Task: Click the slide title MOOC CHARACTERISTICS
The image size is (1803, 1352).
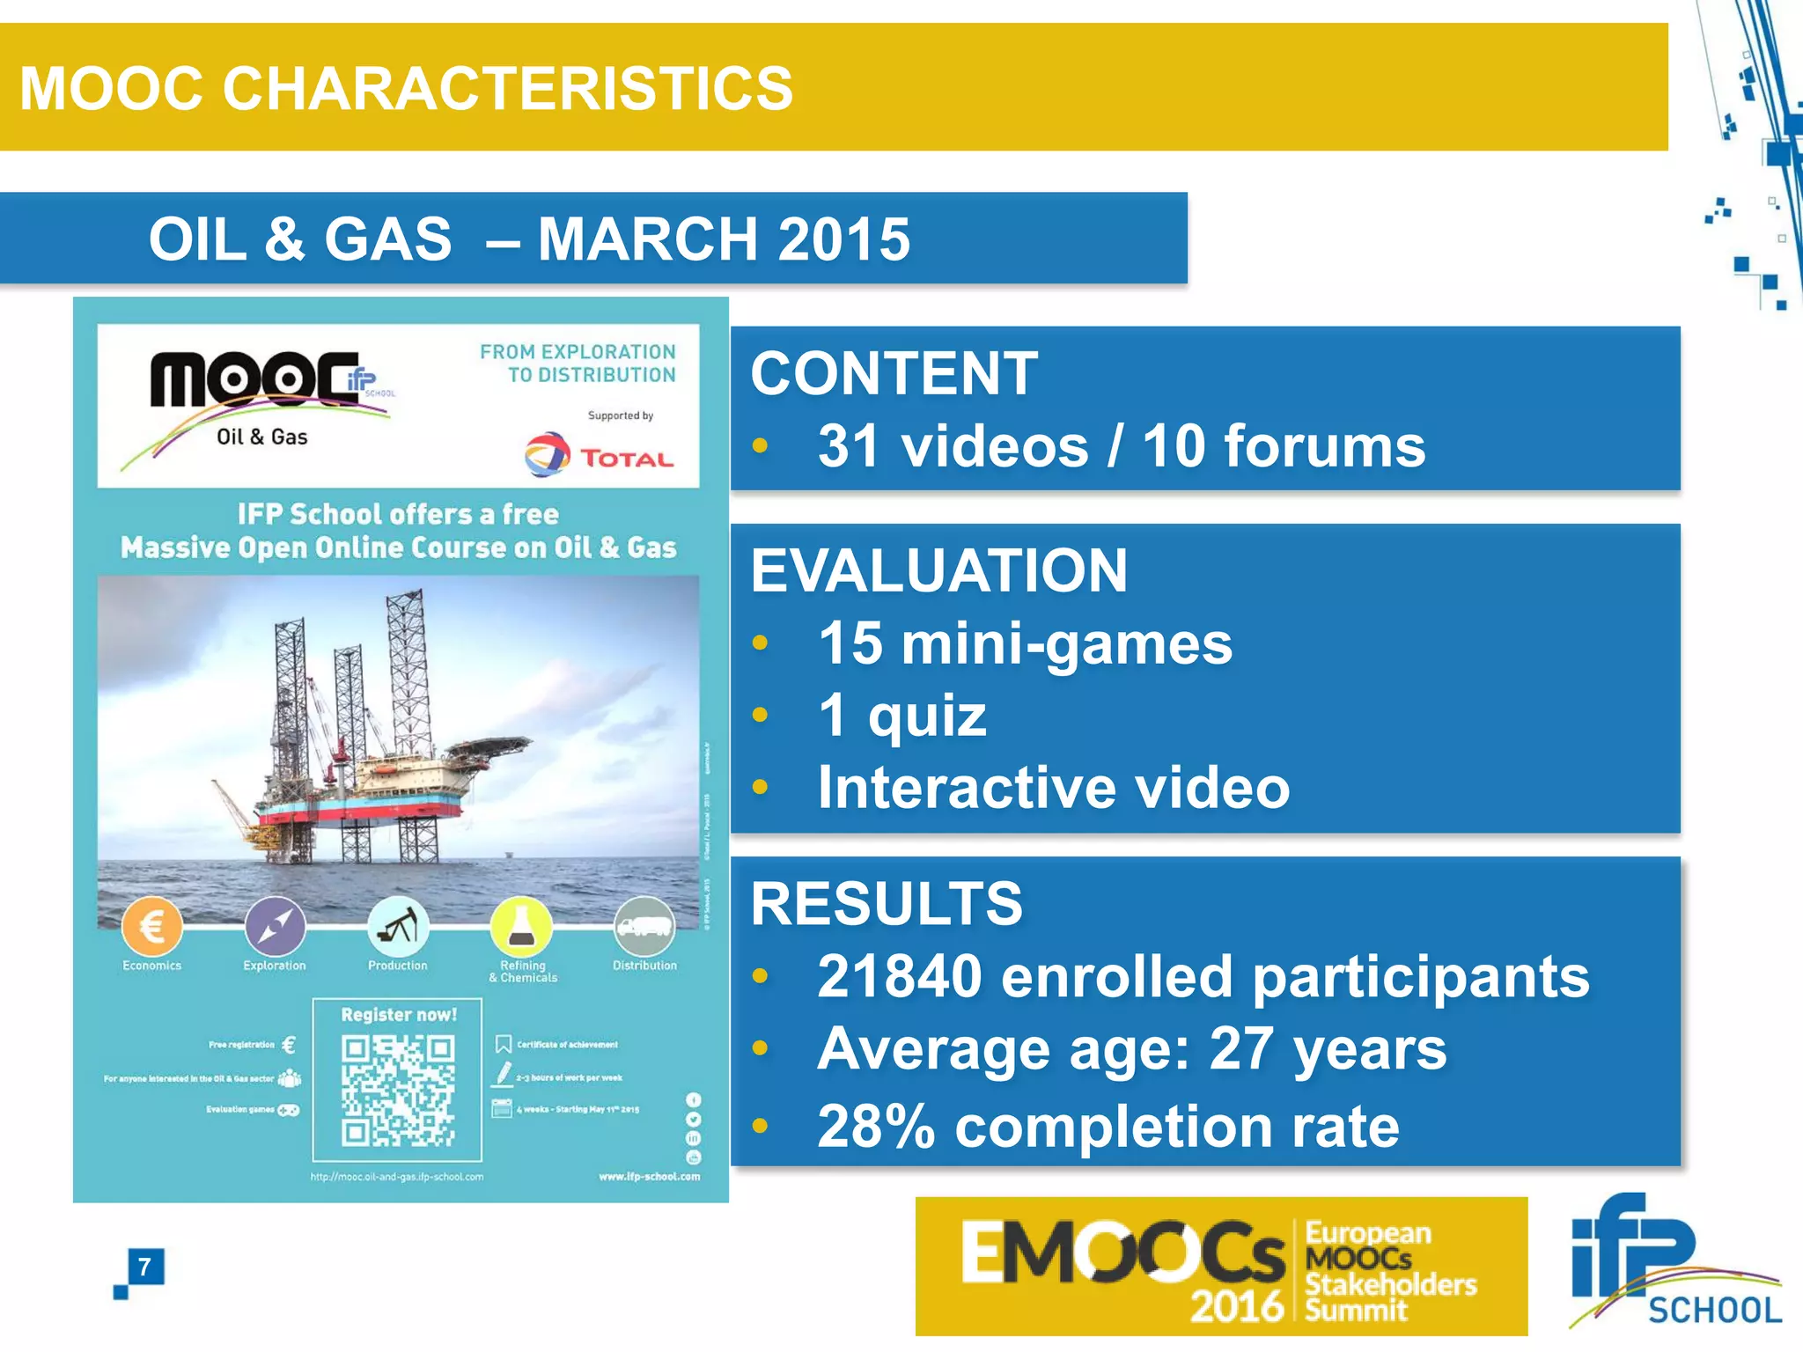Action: point(406,88)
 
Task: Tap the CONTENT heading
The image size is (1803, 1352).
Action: point(894,373)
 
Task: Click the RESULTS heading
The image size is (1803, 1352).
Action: point(887,904)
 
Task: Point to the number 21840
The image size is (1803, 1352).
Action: point(899,976)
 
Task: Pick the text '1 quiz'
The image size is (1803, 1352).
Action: point(901,715)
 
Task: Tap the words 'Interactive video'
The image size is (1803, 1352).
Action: point(1053,787)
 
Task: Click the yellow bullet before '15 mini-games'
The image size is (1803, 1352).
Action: point(761,643)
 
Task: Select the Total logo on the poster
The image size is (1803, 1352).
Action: point(599,455)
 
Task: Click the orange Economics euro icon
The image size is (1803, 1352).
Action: point(152,926)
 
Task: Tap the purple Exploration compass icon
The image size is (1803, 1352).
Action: point(275,926)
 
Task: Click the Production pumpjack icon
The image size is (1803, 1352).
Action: point(398,926)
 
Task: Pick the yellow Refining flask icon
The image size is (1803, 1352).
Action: point(521,926)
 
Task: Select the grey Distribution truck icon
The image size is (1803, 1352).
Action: point(644,926)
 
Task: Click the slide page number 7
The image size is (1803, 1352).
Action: point(144,1267)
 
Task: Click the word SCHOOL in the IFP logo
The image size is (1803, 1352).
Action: point(1714,1311)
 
